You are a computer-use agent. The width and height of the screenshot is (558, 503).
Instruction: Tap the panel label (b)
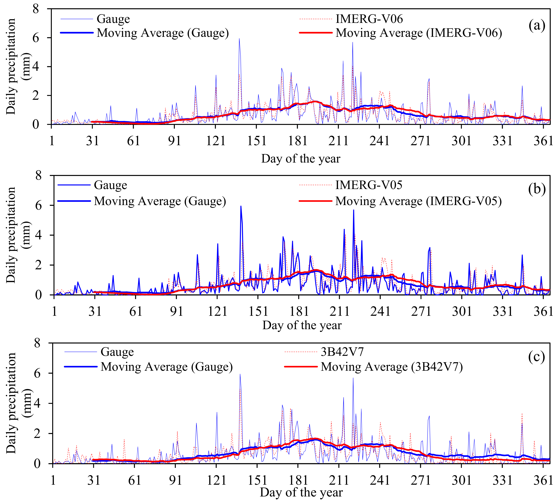point(537,189)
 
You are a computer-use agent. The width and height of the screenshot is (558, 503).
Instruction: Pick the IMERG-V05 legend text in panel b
point(369,185)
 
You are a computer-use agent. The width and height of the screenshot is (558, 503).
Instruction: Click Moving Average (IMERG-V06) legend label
point(418,33)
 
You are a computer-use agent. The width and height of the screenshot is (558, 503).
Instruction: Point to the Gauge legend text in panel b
point(110,185)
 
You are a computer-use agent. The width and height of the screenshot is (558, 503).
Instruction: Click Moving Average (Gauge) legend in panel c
point(166,367)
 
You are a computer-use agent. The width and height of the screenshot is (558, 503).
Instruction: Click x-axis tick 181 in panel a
point(298,141)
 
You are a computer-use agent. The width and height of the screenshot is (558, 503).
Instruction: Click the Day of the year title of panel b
point(302,325)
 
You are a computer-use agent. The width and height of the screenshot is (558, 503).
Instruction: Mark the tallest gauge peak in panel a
point(239,39)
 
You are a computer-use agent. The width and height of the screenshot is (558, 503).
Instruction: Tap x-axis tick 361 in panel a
point(543,141)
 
